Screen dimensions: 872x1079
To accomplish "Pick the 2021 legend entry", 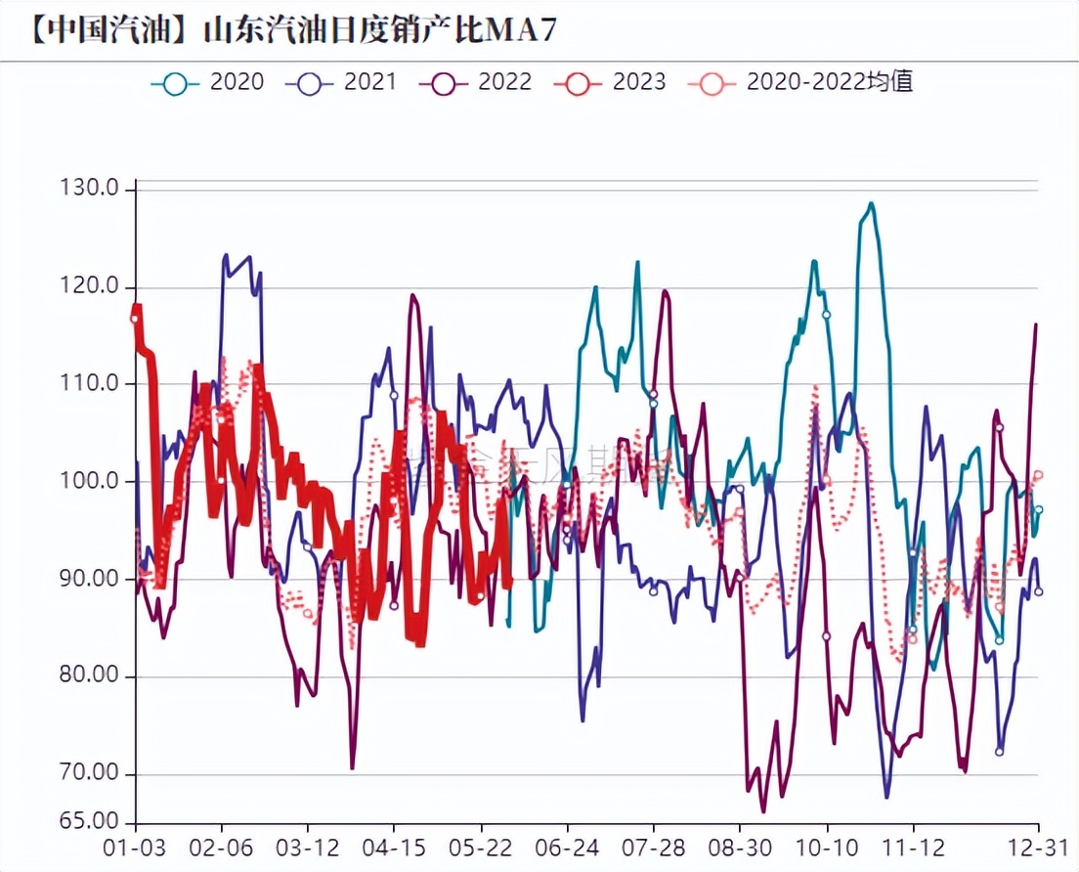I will (342, 82).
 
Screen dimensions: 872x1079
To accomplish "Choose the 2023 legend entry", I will (610, 82).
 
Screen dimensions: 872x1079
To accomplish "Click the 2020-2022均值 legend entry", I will (801, 82).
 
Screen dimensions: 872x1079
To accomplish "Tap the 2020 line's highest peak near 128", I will (871, 204).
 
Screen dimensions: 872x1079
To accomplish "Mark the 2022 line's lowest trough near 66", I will (763, 810).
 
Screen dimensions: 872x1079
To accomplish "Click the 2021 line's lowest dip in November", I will (886, 797).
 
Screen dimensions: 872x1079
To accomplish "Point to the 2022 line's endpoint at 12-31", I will (1036, 325).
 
